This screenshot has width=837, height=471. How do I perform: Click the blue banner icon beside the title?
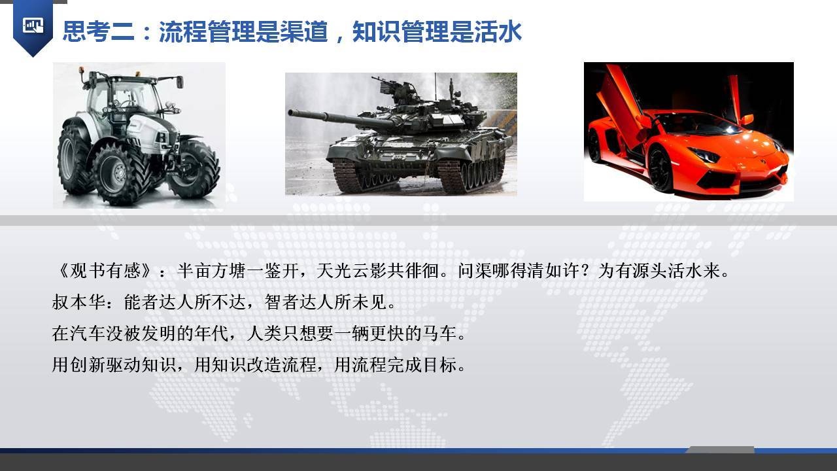point(33,27)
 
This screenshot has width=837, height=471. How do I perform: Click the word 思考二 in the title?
point(99,31)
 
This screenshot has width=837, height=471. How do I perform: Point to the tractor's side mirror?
point(180,82)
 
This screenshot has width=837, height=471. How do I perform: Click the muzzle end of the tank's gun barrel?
point(290,113)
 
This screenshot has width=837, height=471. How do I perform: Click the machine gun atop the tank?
point(385,85)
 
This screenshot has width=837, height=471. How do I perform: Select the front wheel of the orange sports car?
point(661,168)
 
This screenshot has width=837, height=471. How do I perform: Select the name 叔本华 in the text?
point(78,302)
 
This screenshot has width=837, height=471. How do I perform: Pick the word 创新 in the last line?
point(88,364)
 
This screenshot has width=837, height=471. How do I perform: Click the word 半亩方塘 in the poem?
point(211,271)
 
